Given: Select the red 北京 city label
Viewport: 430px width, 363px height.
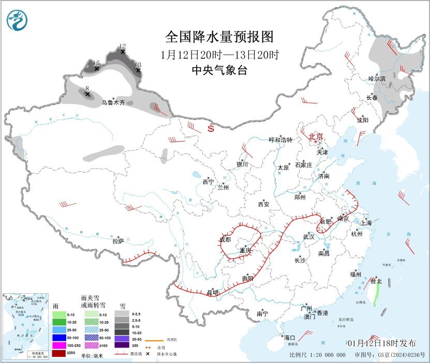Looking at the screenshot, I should point(316,137).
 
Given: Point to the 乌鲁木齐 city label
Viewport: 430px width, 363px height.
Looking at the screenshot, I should point(112,103).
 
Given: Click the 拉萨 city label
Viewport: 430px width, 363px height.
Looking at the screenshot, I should point(118,240).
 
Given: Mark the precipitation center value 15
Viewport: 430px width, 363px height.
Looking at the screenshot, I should point(96,63).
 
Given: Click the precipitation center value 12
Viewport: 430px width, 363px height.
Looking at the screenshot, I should point(123,46).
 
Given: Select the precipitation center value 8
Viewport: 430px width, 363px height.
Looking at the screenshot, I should point(87,88).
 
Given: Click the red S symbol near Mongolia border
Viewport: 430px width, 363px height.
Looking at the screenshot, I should point(211,129).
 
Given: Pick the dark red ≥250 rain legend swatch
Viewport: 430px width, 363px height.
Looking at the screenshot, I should point(59,354).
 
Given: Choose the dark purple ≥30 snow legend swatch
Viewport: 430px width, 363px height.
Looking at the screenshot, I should point(122,345).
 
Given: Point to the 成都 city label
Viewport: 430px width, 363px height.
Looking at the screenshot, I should point(225,239).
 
